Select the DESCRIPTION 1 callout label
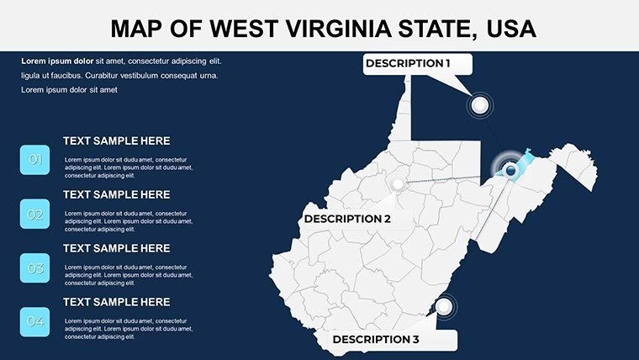tap(408, 63)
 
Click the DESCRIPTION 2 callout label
tap(347, 219)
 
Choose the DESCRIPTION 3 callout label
tap(376, 339)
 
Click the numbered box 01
tap(35, 160)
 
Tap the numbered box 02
tap(35, 214)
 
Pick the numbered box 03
tap(35, 268)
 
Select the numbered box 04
tap(35, 322)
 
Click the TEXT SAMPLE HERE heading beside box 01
tap(116, 140)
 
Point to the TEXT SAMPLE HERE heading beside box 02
tap(116, 194)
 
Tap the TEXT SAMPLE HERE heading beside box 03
tap(116, 248)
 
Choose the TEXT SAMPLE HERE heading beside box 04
tap(116, 302)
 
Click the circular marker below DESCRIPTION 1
tap(480, 105)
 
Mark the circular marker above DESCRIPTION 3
tap(444, 306)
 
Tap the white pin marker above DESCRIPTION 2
tap(396, 183)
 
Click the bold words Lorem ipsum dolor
tap(57, 61)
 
